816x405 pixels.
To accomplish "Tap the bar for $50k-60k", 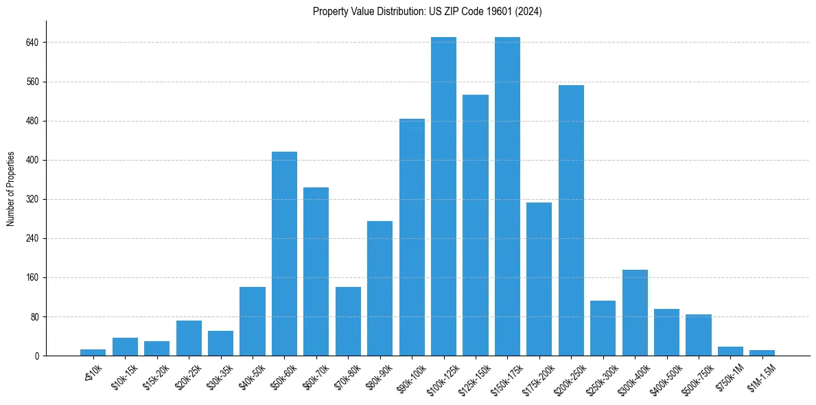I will pyautogui.click(x=284, y=254).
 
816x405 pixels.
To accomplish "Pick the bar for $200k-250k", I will pyautogui.click(x=571, y=220).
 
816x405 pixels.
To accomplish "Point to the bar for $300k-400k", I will pyautogui.click(x=635, y=313).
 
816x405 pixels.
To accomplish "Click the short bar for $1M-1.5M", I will pyautogui.click(x=762, y=353).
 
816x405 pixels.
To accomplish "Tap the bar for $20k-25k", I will pyautogui.click(x=189, y=338).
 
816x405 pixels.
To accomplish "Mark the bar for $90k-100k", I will pyautogui.click(x=412, y=238).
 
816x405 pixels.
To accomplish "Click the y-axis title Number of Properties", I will pyautogui.click(x=11, y=189).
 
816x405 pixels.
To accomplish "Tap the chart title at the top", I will pyautogui.click(x=427, y=12).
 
